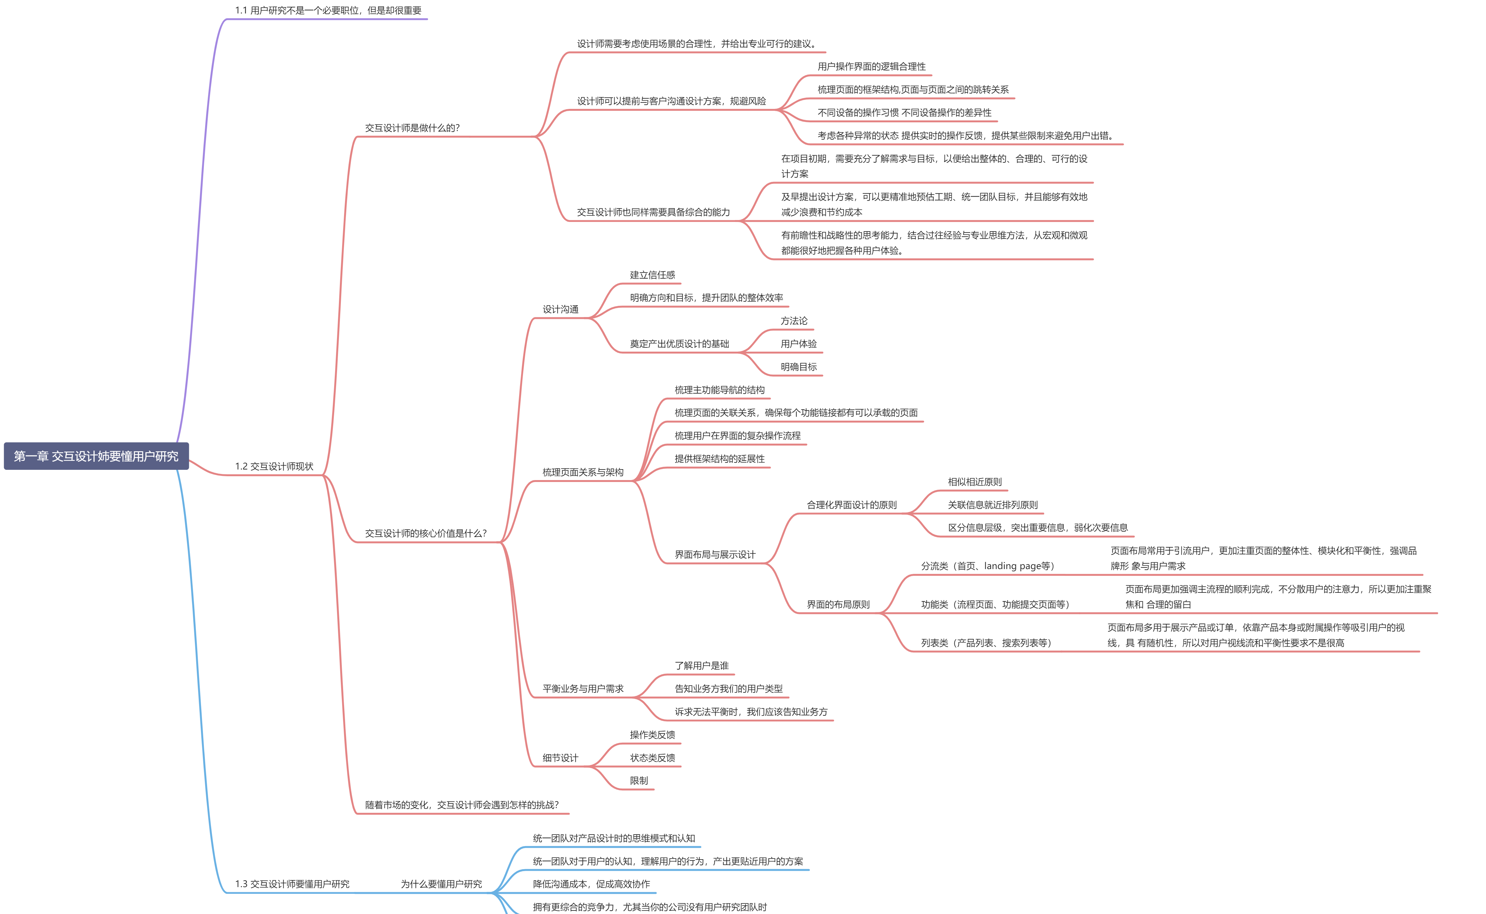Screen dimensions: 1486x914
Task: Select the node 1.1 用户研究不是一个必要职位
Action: [x=328, y=10]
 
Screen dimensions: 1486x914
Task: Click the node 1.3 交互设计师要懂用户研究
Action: [x=293, y=884]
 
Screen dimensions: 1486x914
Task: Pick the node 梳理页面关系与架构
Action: [x=583, y=472]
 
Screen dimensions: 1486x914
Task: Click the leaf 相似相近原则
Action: [x=974, y=482]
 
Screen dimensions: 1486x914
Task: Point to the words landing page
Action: [x=1017, y=566]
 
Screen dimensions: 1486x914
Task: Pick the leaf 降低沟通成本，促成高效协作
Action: [x=591, y=884]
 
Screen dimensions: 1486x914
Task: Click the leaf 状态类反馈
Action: [x=652, y=758]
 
